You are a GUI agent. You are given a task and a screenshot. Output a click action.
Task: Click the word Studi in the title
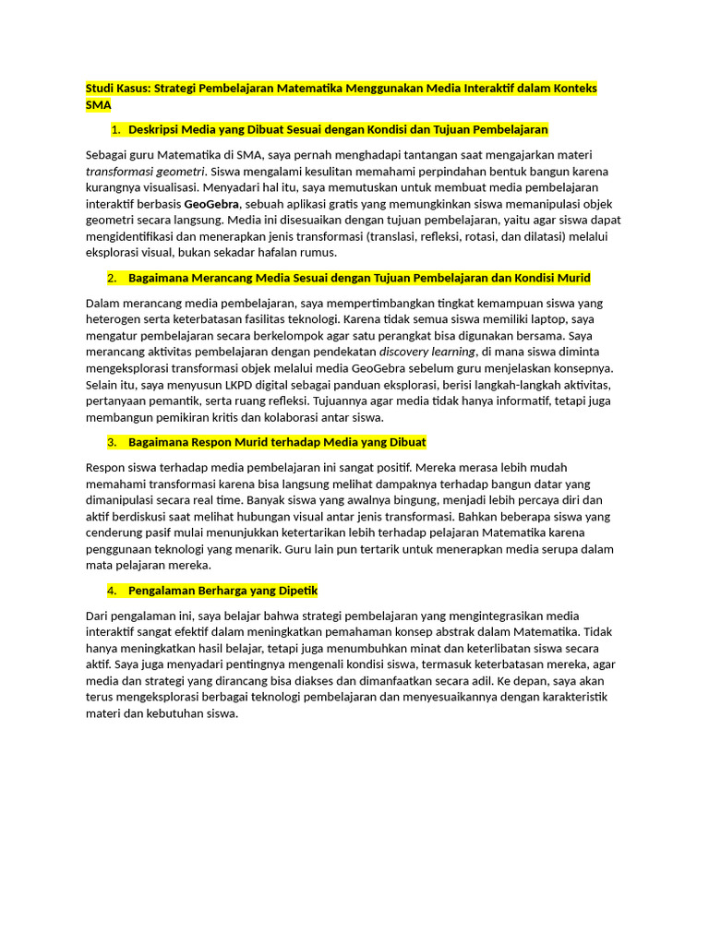pos(101,89)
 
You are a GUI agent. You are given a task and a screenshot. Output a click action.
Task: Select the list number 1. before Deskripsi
pos(115,129)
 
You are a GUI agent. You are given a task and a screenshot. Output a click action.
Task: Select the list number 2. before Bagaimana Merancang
pos(112,278)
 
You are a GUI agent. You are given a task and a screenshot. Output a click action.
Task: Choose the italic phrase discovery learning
pos(427,352)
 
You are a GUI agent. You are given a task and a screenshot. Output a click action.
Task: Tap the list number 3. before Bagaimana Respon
pos(112,442)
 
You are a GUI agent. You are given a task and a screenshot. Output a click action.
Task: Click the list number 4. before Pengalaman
pos(112,590)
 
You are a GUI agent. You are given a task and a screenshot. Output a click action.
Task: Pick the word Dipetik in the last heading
pos(295,590)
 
